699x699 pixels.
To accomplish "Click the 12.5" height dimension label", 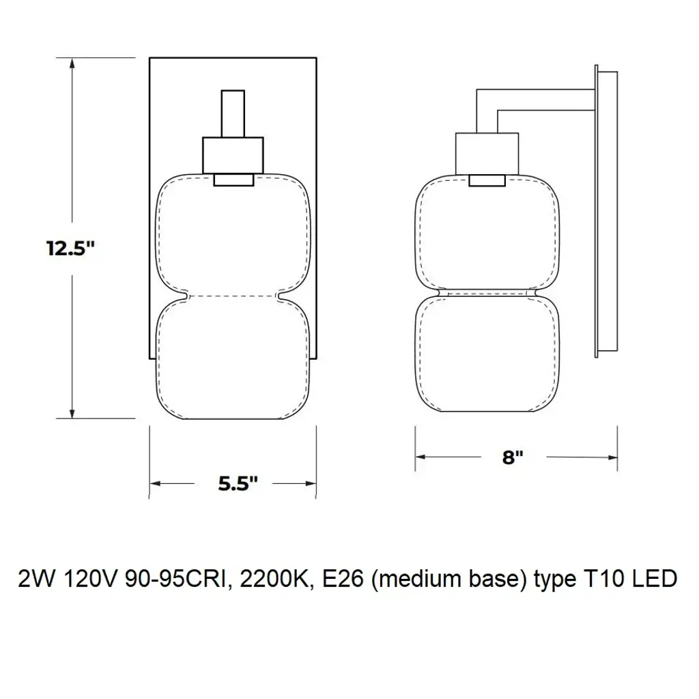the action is pyautogui.click(x=71, y=248).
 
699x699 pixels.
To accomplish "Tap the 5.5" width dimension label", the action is pyautogui.click(x=238, y=483).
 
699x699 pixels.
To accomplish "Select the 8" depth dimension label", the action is pyautogui.click(x=513, y=457).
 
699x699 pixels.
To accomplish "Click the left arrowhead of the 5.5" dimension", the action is pyautogui.click(x=156, y=484).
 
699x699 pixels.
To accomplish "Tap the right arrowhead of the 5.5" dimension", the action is pyautogui.click(x=311, y=484).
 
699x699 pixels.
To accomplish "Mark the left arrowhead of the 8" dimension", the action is pyautogui.click(x=421, y=457).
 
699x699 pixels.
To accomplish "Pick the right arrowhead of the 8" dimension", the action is pyautogui.click(x=612, y=457).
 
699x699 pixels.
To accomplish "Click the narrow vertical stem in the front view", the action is pyautogui.click(x=233, y=114).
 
